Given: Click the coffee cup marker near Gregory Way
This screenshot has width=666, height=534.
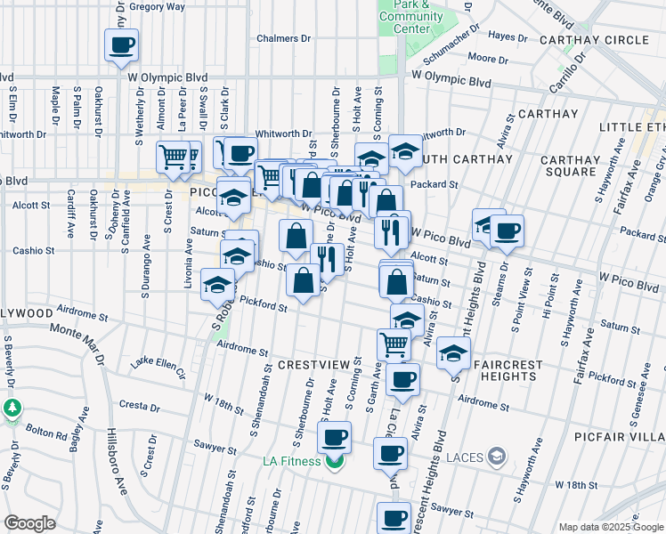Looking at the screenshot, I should (122, 44).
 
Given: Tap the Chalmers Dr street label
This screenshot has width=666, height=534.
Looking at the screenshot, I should (283, 39).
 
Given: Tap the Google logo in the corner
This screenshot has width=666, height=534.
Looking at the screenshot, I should (29, 523).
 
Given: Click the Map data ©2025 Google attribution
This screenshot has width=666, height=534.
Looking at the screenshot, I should (611, 527).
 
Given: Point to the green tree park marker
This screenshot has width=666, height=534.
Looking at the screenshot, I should (12, 409).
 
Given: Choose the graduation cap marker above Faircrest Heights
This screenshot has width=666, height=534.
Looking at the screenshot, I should (453, 353).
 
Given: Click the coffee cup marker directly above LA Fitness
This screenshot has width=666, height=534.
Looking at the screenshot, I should (335, 437).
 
